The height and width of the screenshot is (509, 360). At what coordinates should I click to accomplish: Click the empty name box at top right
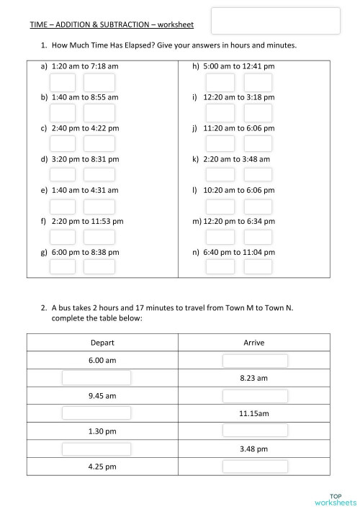(x=276, y=21)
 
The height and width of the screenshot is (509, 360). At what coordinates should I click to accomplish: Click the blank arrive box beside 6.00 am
(x=255, y=360)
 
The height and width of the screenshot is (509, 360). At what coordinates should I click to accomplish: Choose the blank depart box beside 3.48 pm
(x=96, y=449)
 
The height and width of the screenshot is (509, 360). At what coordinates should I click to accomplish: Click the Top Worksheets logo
(x=335, y=498)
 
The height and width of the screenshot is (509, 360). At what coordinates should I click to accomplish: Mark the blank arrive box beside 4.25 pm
(x=255, y=466)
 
